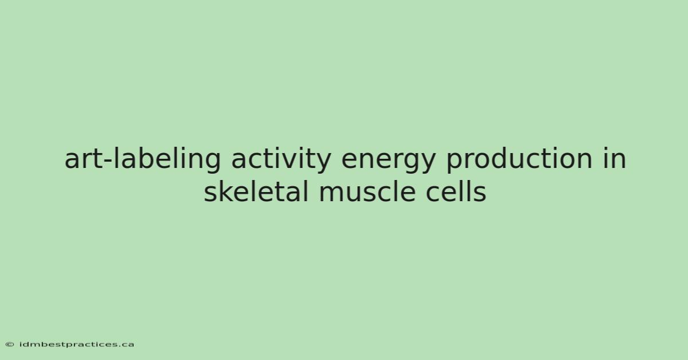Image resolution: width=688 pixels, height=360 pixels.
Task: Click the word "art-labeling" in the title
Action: pos(143,159)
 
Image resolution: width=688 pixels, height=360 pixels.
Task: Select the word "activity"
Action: pos(281,159)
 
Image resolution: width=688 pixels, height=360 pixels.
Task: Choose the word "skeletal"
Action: pos(256,191)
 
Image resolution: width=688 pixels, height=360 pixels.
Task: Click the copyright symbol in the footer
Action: pos(10,345)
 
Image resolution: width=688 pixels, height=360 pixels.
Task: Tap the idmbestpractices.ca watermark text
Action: pos(76,345)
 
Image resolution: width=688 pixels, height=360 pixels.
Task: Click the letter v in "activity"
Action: pos(290,162)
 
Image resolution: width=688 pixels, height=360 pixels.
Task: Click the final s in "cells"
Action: pos(480,194)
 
